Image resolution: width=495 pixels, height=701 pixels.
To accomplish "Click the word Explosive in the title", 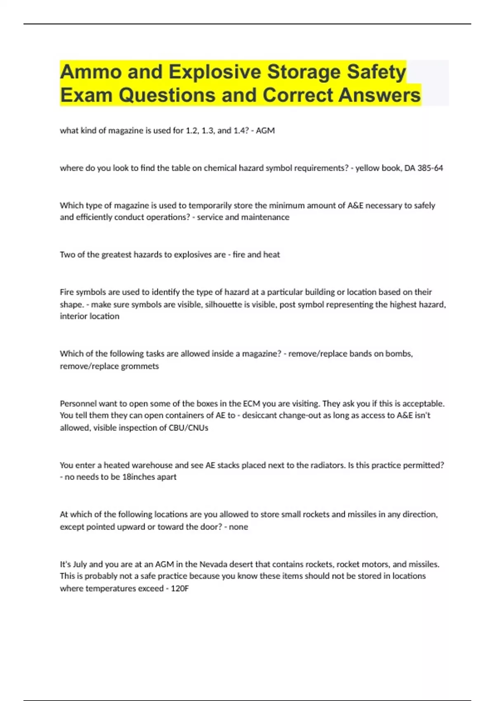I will point(214,72).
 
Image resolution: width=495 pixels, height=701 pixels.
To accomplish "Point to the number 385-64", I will point(430,168).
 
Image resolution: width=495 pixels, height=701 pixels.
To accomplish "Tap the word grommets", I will point(140,366).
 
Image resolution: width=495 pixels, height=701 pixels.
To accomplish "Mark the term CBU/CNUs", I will point(188,428).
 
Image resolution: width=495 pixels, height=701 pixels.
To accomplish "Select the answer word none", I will point(238,527).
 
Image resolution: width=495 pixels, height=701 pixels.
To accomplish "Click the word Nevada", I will point(213,564).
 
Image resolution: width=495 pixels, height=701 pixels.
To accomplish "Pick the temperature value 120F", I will point(179,588).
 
